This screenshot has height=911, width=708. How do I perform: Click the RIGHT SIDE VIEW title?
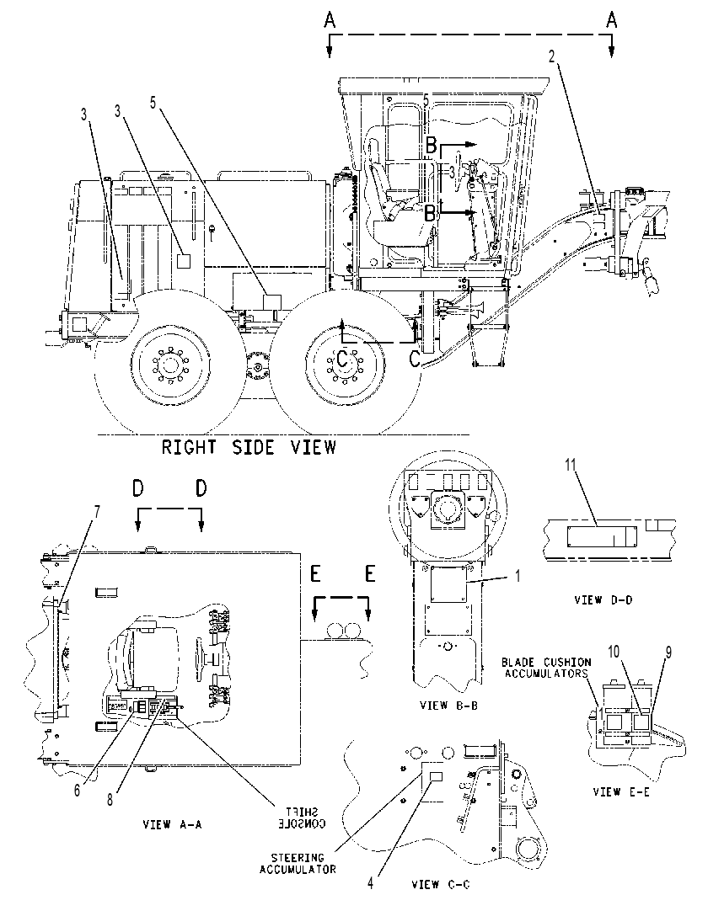tap(249, 447)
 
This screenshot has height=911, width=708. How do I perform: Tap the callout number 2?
tap(551, 56)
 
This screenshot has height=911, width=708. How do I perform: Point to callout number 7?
tap(97, 512)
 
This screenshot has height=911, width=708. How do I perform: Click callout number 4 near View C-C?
tap(370, 884)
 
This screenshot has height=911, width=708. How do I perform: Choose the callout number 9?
tap(668, 653)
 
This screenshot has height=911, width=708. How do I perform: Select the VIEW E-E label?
tap(620, 791)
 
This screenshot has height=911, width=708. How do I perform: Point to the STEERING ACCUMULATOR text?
tap(298, 863)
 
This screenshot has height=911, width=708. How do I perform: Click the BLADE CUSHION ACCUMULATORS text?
tap(545, 668)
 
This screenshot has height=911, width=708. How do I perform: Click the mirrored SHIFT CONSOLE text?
tap(302, 818)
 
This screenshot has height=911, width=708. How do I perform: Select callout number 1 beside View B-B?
tap(518, 576)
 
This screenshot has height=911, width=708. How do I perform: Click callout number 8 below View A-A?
tap(110, 799)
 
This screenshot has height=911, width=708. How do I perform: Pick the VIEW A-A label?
tap(172, 823)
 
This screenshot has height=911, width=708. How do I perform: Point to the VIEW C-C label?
tap(440, 884)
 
